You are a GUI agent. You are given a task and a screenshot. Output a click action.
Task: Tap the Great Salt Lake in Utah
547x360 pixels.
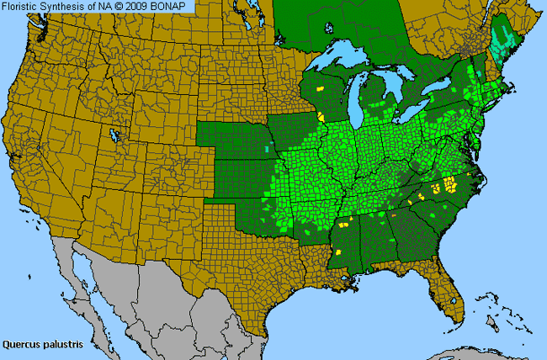[x=114, y=135]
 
